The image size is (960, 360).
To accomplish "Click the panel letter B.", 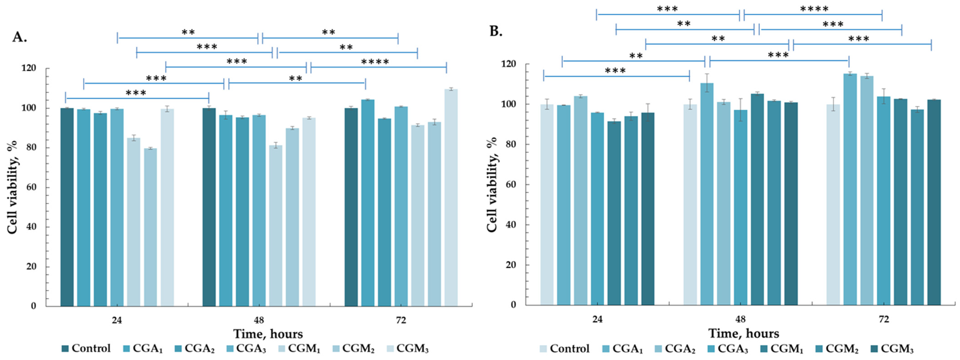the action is [x=496, y=32].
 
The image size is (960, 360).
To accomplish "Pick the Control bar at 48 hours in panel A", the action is [x=209, y=207].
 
